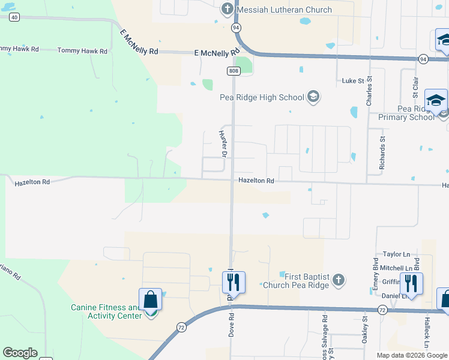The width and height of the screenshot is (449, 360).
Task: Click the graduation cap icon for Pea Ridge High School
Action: [x=313, y=97]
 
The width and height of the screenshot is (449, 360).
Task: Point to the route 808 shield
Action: [x=234, y=71]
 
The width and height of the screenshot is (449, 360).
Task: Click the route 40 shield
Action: [x=14, y=18]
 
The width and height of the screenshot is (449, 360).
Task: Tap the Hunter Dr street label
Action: [x=223, y=144]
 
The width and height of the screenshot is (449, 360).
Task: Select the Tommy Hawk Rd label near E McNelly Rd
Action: [x=82, y=51]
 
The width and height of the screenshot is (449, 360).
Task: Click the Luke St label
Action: [x=353, y=80]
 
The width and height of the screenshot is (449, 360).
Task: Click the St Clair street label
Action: [x=415, y=87]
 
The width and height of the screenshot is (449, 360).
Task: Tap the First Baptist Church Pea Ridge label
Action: [x=297, y=280]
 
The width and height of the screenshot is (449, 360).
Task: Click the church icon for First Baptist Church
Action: [x=339, y=280]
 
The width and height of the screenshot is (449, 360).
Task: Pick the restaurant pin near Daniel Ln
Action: [x=411, y=283]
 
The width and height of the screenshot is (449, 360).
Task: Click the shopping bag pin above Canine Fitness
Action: [x=150, y=299]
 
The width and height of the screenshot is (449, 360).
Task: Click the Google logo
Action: [x=20, y=353]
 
